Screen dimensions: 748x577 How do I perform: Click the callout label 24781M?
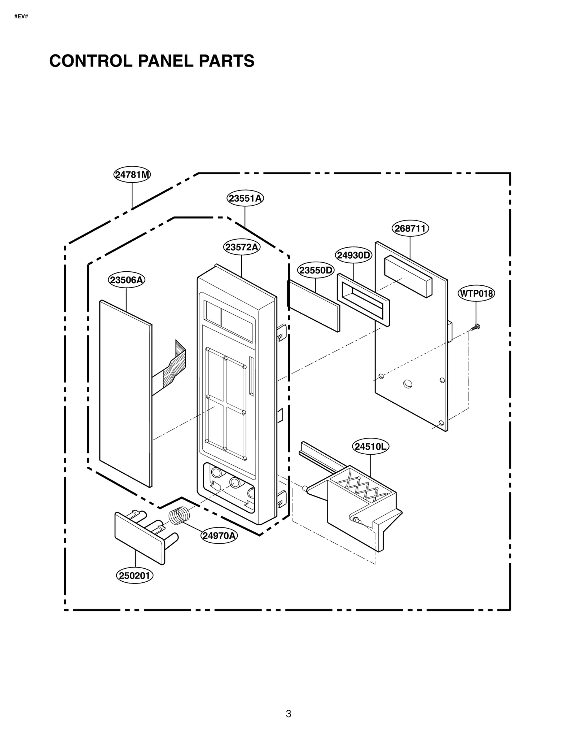point(132,175)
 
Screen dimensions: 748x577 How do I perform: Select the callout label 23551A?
point(245,198)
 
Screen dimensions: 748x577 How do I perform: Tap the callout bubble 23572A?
point(241,247)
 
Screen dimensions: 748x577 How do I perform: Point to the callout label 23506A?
point(126,280)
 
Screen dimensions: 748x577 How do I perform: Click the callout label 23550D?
point(316,270)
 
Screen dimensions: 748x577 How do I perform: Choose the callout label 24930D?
point(353,255)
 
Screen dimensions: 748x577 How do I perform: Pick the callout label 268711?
point(410,228)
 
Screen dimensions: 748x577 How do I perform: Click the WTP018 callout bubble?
point(476,293)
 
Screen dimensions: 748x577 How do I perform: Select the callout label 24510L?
point(370,447)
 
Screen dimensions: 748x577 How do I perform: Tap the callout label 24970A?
point(219,536)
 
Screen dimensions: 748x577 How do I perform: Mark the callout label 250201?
point(134,576)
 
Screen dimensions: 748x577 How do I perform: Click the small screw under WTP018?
point(476,327)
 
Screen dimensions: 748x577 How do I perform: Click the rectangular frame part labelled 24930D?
point(363,300)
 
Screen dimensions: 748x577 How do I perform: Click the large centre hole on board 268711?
point(408,384)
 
